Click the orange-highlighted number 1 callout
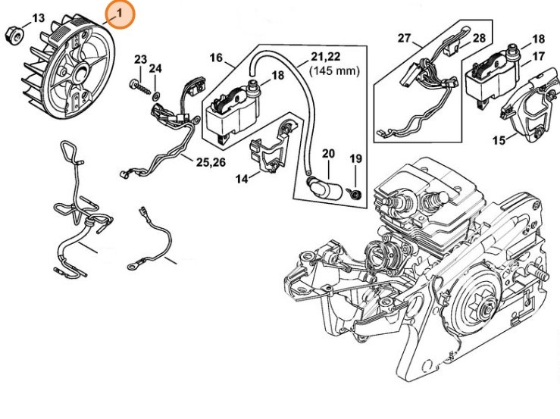[119, 14]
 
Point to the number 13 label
[39, 17]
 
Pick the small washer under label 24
[155, 95]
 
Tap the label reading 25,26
[211, 161]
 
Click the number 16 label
[216, 58]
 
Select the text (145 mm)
[334, 70]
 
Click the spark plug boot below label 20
[324, 185]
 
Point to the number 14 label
[241, 179]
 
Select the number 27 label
[404, 38]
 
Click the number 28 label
[479, 37]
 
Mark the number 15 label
[499, 139]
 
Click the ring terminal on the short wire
[134, 266]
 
